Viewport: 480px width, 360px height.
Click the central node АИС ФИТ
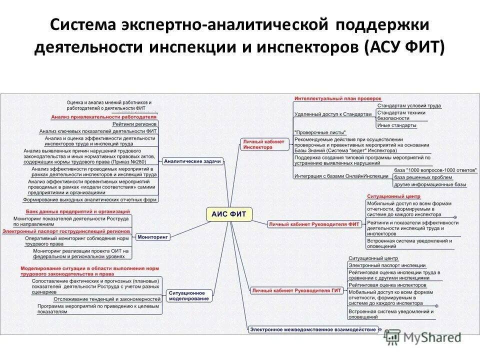[x=229, y=214]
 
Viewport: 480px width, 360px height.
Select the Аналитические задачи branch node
[x=193, y=161]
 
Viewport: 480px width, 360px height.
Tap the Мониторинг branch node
[x=153, y=236]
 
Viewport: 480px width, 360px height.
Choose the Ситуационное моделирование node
[x=189, y=295]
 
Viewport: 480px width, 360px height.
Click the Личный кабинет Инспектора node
[x=263, y=144]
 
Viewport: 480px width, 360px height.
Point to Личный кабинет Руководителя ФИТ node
[x=314, y=224]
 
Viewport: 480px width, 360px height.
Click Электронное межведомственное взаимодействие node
[x=314, y=328]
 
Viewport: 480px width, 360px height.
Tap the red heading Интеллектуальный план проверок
[x=338, y=98]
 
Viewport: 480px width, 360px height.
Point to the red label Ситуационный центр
[x=393, y=196]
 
